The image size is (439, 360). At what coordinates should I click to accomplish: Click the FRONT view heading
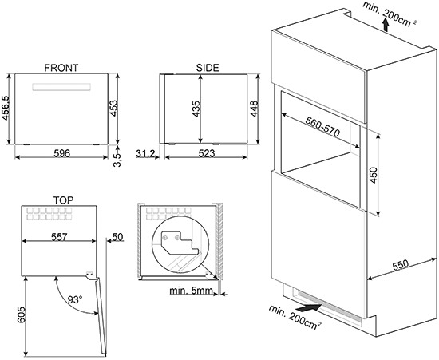tap(61, 68)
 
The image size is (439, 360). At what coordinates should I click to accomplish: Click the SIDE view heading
tap(208, 68)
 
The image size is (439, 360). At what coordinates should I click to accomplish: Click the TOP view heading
tap(64, 200)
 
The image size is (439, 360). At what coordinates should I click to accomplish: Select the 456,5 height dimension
tap(6, 109)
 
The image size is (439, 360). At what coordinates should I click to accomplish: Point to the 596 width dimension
tap(62, 153)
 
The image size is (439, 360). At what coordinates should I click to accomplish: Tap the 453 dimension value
tap(113, 108)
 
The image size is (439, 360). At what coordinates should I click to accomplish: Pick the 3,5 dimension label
tap(117, 160)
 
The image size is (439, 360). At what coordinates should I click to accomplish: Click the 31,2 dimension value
tap(145, 153)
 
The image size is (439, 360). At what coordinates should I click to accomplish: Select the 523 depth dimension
tap(207, 153)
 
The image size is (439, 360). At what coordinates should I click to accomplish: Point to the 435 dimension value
tap(196, 109)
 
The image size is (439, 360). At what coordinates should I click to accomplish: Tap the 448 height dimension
tap(254, 109)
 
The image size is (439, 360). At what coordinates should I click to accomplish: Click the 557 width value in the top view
tap(59, 237)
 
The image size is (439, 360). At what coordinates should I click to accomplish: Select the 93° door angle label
tap(75, 300)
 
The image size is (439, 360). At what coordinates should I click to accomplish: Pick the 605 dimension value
tap(22, 315)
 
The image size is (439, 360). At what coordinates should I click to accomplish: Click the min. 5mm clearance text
tap(192, 291)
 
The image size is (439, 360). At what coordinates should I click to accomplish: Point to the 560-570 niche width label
tap(322, 127)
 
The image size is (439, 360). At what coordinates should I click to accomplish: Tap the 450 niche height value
tap(374, 175)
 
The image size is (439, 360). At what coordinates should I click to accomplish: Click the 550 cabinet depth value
tap(401, 265)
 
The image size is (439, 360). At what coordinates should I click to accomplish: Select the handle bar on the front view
tap(61, 87)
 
